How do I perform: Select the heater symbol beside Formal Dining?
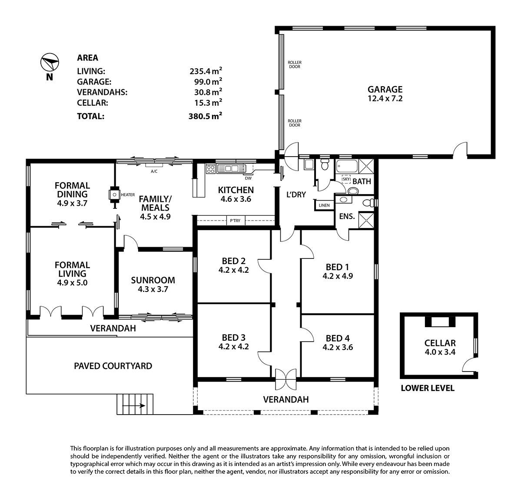point(115,195)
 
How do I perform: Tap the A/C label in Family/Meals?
point(154,171)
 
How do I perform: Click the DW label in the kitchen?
point(248,178)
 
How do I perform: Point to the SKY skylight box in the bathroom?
point(346,179)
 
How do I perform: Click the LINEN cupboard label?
point(324,205)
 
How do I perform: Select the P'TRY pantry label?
point(235,221)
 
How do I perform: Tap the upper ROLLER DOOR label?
point(294,64)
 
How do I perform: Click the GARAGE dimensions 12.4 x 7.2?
point(385,98)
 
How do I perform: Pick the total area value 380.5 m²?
point(206,116)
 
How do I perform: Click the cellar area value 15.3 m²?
point(208,103)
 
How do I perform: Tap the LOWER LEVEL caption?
point(427,388)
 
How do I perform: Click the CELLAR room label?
point(440,343)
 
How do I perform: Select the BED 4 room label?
point(338,338)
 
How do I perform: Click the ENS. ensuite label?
point(347,216)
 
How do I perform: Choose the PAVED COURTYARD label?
point(113,366)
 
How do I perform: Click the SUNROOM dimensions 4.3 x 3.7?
point(153,289)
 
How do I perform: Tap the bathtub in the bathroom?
point(347,166)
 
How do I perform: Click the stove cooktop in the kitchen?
point(210,169)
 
